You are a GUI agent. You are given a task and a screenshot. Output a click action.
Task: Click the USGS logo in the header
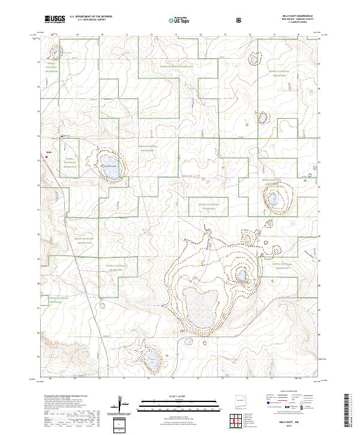pos(55,20)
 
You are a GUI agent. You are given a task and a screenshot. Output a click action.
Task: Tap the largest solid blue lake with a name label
pos(110,172)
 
